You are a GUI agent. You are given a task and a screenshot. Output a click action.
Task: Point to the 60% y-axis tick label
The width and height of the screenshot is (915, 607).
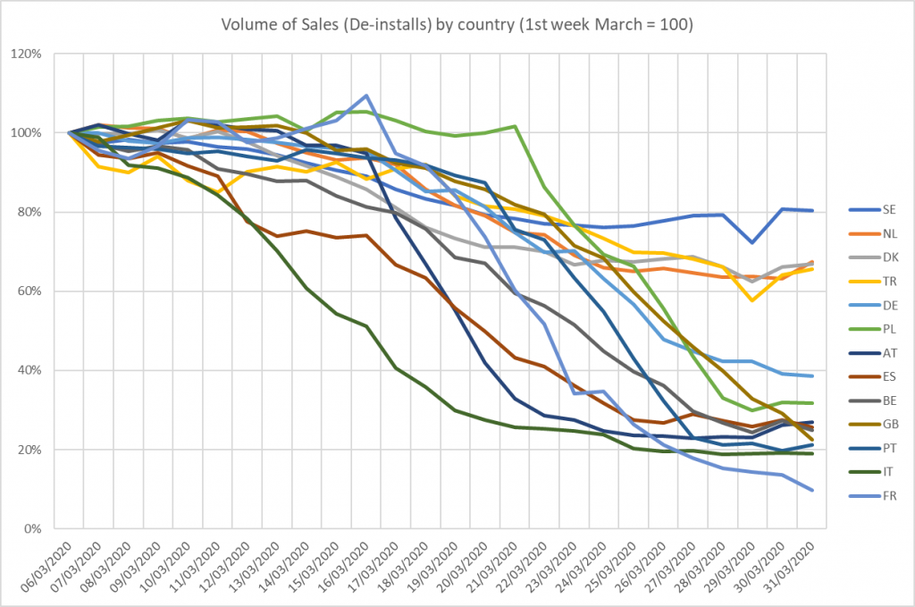tap(38, 291)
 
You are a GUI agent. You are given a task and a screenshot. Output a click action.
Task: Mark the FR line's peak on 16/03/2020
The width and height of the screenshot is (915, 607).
tap(366, 96)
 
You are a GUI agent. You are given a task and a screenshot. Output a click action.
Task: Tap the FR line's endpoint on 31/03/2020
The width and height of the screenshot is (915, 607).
tap(811, 490)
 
